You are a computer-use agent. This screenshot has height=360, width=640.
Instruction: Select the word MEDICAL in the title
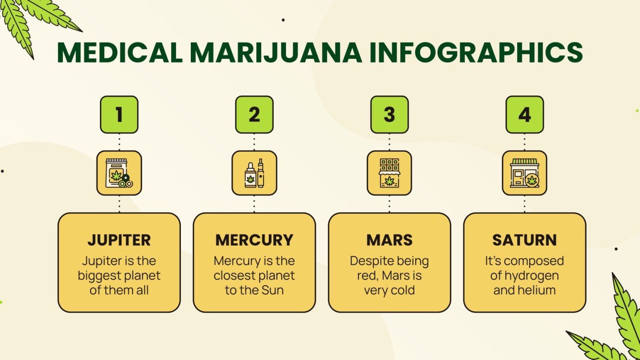[120, 53]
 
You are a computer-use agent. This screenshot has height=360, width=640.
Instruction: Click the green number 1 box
[119, 115]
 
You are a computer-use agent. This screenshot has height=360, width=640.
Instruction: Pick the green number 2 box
[254, 115]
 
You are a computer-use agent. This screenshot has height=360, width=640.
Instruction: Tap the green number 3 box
[389, 115]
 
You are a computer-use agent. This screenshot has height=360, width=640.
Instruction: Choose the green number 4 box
[525, 115]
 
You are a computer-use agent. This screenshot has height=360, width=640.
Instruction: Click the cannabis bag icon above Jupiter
[119, 173]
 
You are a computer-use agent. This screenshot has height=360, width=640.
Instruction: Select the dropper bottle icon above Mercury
[254, 173]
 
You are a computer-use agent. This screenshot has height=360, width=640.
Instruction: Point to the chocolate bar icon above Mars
[389, 173]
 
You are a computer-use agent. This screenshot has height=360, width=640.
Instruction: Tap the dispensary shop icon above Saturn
[525, 173]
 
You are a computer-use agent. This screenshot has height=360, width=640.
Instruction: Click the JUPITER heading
[119, 240]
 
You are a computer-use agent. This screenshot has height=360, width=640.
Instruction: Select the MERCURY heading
[254, 240]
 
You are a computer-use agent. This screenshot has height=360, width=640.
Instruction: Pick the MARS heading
[389, 240]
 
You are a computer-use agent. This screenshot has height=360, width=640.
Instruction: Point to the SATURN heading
[525, 240]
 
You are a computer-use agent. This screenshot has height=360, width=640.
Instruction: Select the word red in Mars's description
[364, 276]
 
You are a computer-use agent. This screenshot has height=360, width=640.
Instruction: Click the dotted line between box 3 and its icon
[389, 142]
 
